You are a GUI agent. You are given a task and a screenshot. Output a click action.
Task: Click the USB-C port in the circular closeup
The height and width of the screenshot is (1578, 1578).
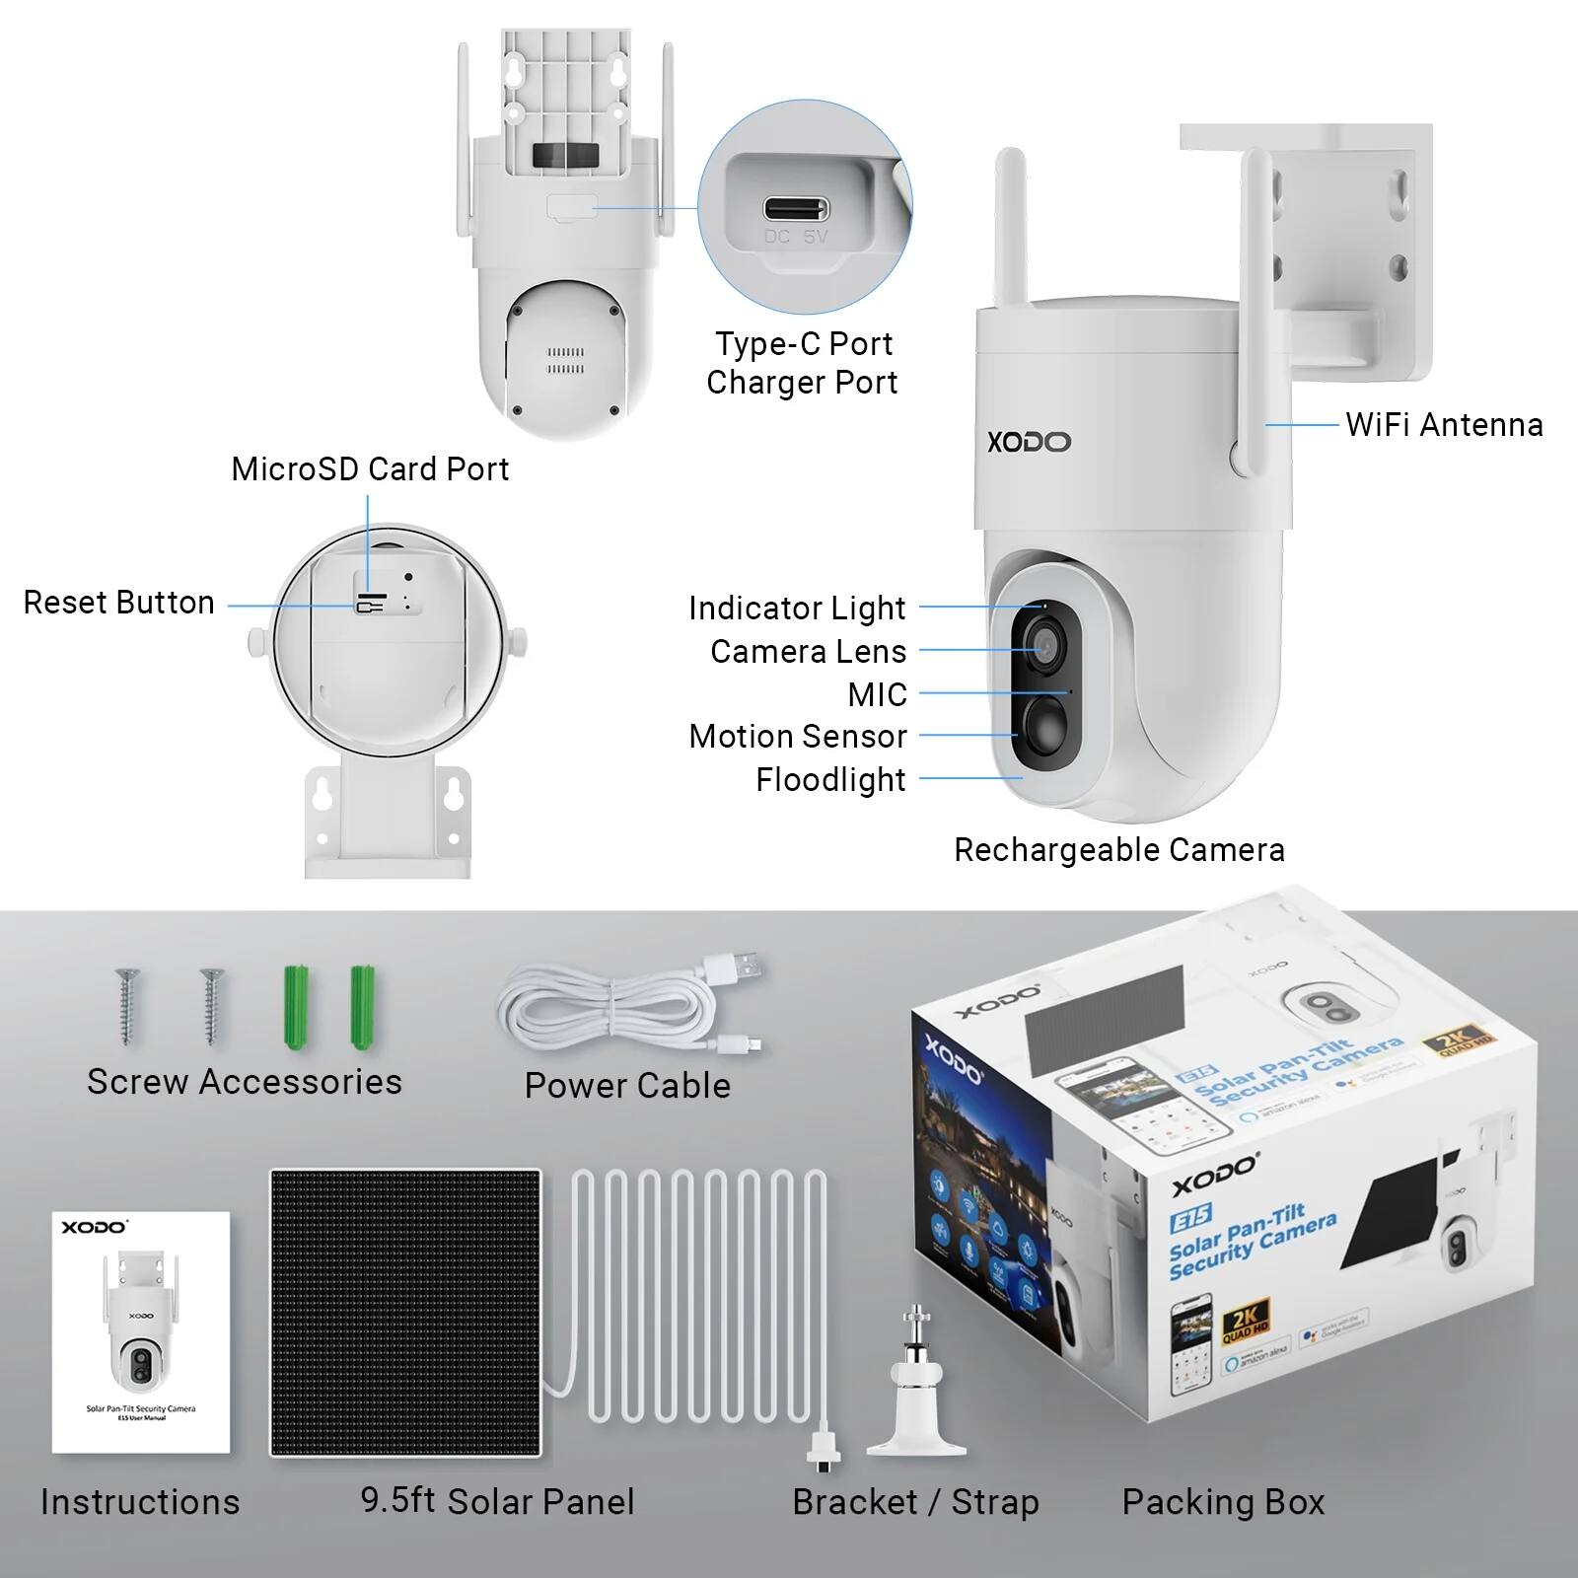pos(795,210)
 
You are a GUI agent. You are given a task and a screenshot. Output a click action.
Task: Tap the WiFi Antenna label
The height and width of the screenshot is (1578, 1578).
pos(1444,425)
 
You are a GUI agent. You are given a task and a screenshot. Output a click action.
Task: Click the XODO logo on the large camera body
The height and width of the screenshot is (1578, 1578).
pos(1029,442)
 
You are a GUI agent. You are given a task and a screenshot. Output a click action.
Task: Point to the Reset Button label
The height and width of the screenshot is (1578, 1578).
pos(118,603)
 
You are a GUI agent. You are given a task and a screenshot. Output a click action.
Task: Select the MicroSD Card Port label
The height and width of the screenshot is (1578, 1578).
pos(370,469)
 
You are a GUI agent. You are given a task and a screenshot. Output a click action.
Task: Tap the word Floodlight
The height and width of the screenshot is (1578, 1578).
pos(830,780)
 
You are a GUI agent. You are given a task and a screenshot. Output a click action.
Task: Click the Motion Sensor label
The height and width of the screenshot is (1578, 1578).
pos(797,737)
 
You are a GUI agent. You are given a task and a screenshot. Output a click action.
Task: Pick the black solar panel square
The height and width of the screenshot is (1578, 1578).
pos(405,1313)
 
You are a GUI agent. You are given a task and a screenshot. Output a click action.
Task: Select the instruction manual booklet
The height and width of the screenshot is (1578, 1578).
pos(141,1332)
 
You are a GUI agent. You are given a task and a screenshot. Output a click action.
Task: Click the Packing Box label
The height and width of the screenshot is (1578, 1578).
pos(1223,1502)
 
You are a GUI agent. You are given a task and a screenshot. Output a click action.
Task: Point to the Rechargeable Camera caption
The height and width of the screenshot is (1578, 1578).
pos(1118,850)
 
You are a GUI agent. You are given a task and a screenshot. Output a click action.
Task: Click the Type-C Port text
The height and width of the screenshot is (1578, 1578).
pos(804,344)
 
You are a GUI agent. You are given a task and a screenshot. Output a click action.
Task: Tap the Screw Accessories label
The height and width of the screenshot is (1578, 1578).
pos(245,1082)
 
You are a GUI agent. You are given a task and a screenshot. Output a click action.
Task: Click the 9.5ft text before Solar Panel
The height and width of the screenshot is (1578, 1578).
pos(397,1500)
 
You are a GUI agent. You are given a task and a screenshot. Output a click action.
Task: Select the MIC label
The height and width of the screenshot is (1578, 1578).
pos(877,695)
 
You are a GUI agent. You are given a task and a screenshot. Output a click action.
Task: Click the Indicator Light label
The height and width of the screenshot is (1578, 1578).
pos(797,609)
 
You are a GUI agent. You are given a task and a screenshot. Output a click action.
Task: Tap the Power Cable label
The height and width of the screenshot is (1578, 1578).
pos(627,1086)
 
